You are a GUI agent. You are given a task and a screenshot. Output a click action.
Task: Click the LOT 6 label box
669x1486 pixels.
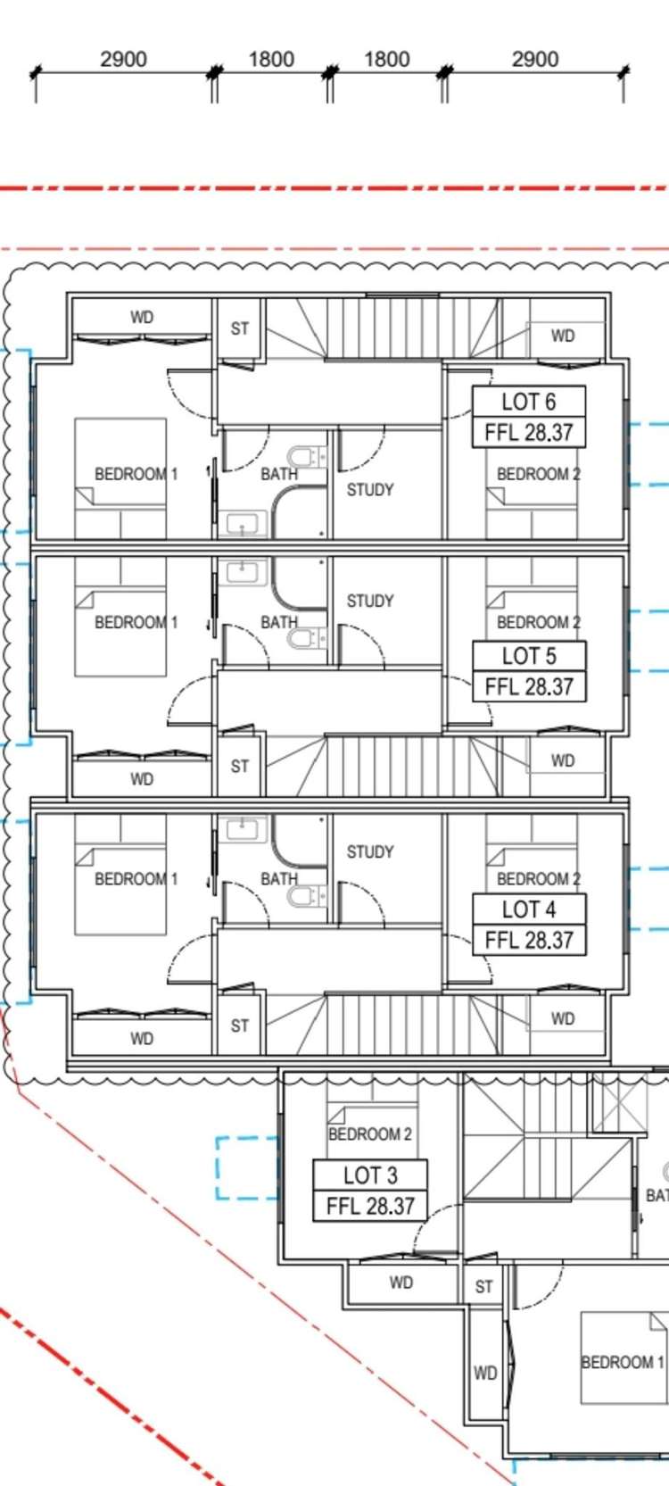click(x=528, y=417)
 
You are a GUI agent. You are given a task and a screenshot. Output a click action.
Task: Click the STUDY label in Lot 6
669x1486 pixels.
click(x=370, y=490)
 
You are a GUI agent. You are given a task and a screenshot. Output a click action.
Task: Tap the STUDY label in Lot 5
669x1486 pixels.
click(x=370, y=601)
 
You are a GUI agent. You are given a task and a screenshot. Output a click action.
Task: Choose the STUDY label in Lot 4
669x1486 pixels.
click(x=370, y=851)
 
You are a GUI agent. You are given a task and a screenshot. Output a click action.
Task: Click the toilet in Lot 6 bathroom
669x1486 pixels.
click(x=307, y=457)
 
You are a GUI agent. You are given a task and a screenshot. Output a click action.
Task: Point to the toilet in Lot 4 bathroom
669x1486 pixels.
click(x=307, y=896)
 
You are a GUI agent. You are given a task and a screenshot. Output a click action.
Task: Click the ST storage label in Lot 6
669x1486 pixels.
click(x=239, y=328)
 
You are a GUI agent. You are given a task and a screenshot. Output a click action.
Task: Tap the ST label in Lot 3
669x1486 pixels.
click(x=483, y=1287)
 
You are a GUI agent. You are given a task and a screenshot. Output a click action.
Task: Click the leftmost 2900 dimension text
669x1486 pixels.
click(x=123, y=59)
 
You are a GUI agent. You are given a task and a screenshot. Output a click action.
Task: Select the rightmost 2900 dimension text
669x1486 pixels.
click(x=535, y=59)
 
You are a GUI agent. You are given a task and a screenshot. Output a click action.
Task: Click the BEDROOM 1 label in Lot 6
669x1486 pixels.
click(x=136, y=474)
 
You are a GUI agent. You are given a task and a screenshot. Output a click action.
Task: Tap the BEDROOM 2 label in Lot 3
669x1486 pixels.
click(x=370, y=1134)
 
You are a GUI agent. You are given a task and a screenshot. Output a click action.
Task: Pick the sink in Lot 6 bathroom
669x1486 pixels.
click(x=243, y=525)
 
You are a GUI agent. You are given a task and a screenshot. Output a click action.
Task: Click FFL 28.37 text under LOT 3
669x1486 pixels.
click(x=370, y=1206)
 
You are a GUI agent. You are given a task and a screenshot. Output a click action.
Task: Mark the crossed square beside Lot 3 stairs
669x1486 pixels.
click(x=619, y=1102)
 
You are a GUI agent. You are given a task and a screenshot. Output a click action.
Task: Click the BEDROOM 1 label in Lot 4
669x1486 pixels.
click(x=136, y=879)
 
